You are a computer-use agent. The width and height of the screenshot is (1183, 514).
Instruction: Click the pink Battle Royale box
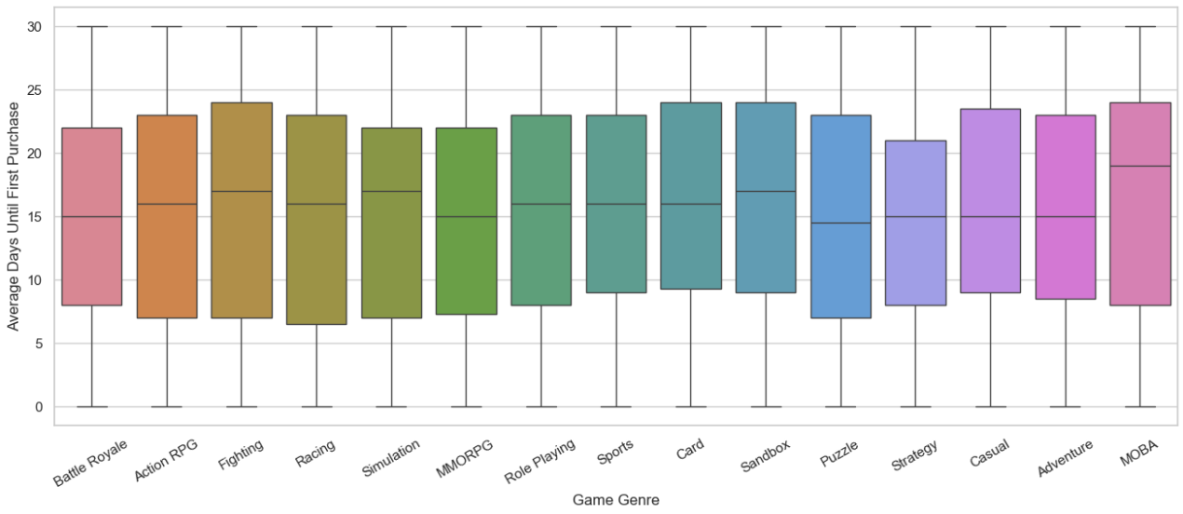[x=92, y=216]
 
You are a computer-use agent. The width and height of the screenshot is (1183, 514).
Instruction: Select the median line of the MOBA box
[x=1140, y=167]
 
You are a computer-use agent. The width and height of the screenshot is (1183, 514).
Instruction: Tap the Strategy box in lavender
[x=916, y=223]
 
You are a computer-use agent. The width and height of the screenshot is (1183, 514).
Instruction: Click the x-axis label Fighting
[x=241, y=454]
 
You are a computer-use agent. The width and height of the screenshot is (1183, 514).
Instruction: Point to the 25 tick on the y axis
[x=34, y=90]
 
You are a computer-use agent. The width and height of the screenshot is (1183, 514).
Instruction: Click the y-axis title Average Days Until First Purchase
[x=13, y=216]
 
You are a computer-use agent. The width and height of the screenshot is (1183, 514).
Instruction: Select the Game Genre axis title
[x=616, y=500]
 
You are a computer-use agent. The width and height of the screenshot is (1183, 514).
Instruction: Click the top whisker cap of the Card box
[x=691, y=26]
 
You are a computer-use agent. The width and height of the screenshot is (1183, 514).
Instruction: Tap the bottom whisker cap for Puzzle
[x=841, y=407]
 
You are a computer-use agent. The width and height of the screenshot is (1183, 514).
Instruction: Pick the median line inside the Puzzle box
[x=841, y=223]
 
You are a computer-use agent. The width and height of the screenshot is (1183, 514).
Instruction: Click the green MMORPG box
[x=467, y=221]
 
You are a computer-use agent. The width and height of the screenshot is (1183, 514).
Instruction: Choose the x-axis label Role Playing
[x=539, y=461]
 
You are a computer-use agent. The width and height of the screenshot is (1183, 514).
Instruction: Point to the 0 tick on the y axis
[x=38, y=407]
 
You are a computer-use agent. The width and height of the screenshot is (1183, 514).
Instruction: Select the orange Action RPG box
[x=167, y=216]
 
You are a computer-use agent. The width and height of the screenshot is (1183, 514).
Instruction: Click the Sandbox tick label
[x=765, y=455]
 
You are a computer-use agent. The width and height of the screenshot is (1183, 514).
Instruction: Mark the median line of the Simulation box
[x=392, y=191]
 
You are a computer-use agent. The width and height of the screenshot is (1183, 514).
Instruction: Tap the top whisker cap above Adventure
[x=1066, y=26]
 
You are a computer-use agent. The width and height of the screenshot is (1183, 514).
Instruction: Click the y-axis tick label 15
[x=34, y=217]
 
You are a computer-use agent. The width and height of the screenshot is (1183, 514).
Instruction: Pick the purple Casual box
[x=990, y=201]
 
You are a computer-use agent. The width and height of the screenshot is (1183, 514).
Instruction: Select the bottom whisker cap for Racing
[x=317, y=407]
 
